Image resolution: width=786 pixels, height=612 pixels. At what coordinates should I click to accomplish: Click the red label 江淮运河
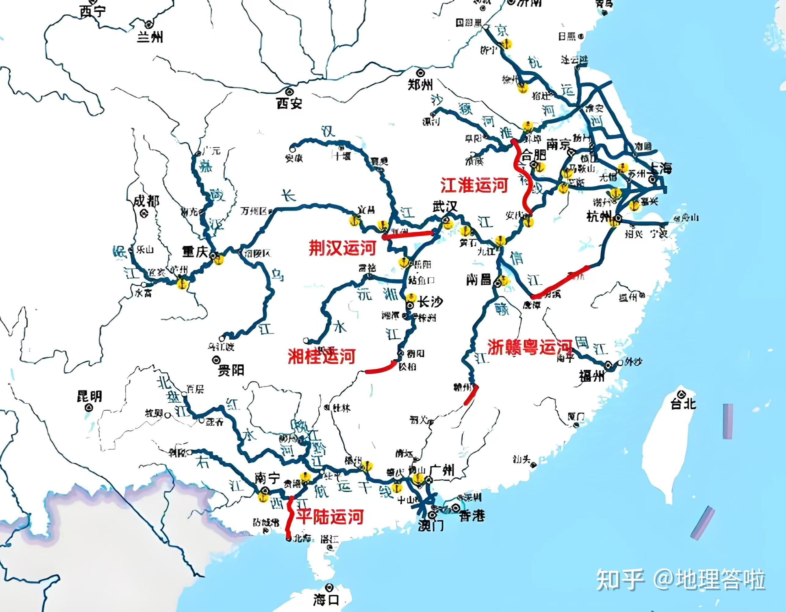(474, 185)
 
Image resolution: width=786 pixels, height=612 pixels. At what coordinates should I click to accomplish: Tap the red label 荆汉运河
(342, 248)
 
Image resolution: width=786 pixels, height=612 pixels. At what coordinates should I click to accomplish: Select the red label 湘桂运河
(321, 356)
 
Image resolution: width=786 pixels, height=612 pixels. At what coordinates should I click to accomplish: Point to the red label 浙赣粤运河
(529, 347)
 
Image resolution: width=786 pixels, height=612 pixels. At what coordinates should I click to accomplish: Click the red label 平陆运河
(329, 517)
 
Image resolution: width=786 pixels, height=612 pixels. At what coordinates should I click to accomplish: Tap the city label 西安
(289, 104)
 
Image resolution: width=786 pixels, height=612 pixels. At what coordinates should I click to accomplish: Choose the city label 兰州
(150, 37)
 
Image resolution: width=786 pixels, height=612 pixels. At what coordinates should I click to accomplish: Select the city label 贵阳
(231, 370)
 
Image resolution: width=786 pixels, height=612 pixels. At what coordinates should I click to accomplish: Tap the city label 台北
(683, 404)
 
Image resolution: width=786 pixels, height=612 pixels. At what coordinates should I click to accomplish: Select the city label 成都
(146, 201)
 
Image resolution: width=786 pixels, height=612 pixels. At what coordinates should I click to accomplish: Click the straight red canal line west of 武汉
(409, 235)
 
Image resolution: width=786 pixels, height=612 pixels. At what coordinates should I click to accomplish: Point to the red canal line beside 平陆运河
(289, 516)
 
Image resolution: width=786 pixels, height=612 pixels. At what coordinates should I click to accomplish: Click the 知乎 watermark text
(619, 579)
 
